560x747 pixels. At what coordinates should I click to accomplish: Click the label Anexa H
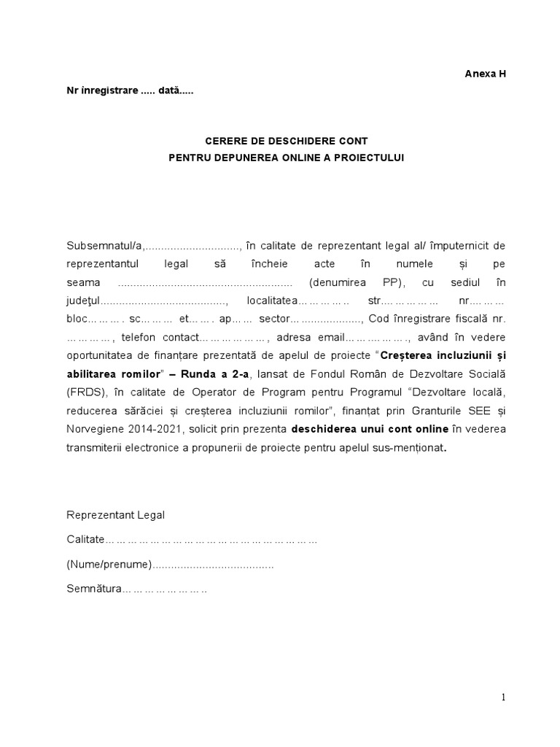pos(485,74)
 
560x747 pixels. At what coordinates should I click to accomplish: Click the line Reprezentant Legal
pos(116,515)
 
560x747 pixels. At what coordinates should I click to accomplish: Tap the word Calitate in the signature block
pos(85,541)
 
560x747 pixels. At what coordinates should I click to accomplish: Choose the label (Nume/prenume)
pos(109,565)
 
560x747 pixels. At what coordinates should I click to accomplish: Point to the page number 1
pos(503,697)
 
